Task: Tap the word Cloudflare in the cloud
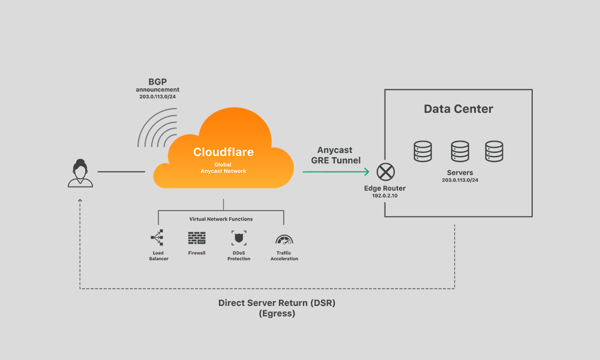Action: click(x=223, y=152)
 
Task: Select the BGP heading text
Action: click(x=157, y=81)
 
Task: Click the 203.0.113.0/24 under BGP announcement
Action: click(x=157, y=97)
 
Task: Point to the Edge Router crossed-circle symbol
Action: click(x=385, y=172)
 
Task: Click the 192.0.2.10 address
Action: click(x=385, y=196)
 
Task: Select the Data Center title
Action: click(x=458, y=109)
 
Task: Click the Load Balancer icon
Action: click(x=158, y=238)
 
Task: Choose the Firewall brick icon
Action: click(x=196, y=238)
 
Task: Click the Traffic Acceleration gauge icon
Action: click(x=284, y=238)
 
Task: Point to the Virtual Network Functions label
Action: click(x=221, y=220)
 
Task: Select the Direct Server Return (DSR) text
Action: click(x=277, y=303)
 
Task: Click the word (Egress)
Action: click(x=277, y=313)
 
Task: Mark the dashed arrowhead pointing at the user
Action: click(x=80, y=201)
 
